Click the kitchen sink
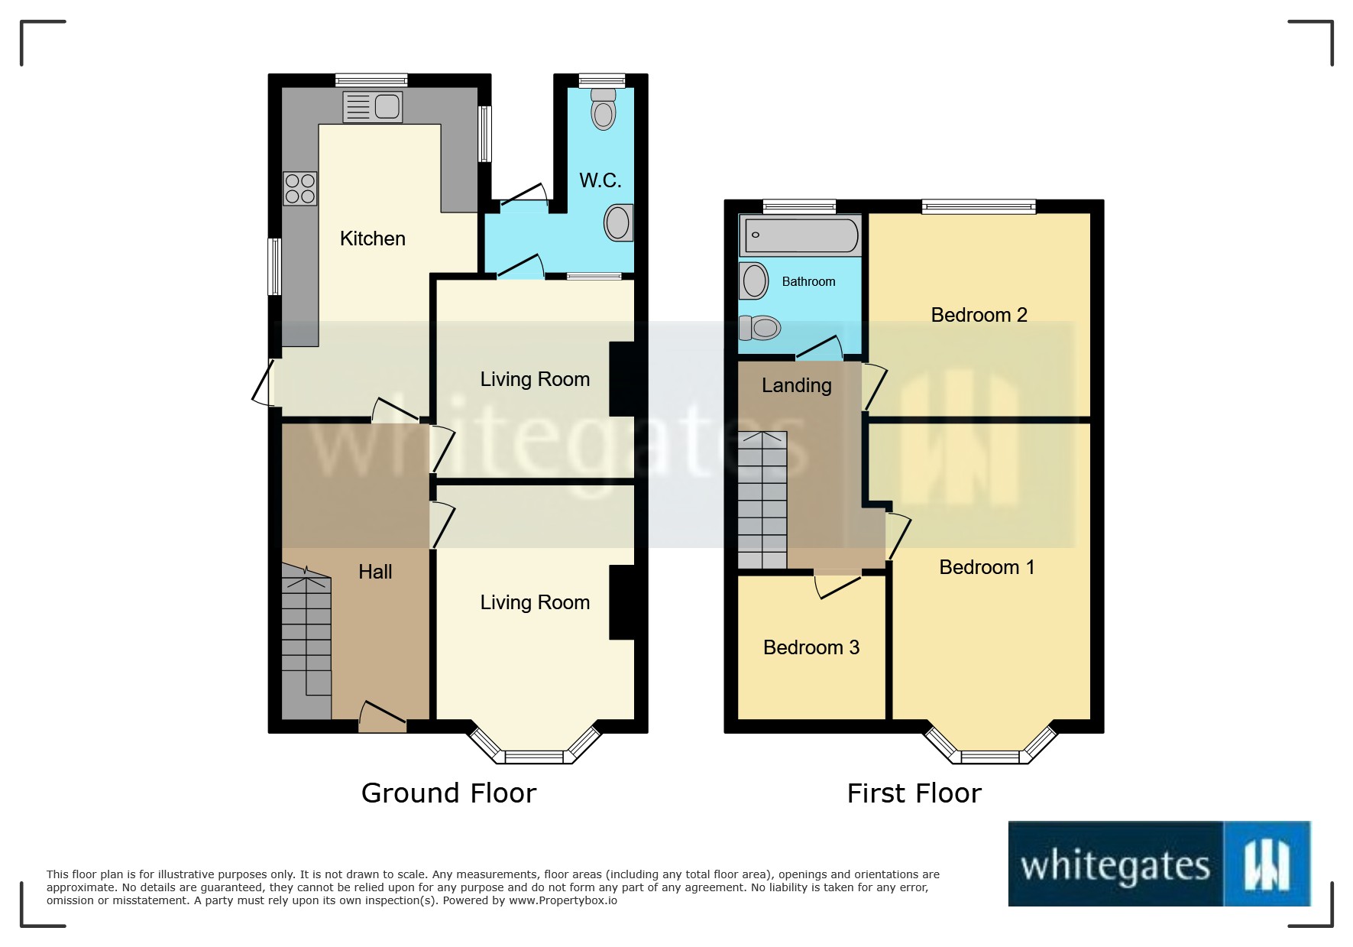(x=372, y=107)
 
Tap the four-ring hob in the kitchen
(x=300, y=189)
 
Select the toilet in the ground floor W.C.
(x=604, y=109)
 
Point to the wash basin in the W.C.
(x=618, y=223)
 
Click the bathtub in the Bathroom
(x=801, y=235)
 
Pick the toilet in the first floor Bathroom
(x=759, y=328)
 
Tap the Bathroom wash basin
(x=753, y=281)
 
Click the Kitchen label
(x=372, y=238)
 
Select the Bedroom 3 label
(x=811, y=647)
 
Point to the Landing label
(x=796, y=385)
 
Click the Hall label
(x=375, y=572)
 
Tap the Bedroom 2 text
(x=979, y=315)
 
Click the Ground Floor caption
(x=448, y=793)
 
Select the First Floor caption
(x=914, y=793)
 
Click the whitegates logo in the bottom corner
(x=1160, y=864)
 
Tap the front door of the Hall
(x=382, y=716)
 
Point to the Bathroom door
(x=819, y=348)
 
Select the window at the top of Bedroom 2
(x=979, y=206)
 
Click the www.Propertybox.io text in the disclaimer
(x=563, y=900)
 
